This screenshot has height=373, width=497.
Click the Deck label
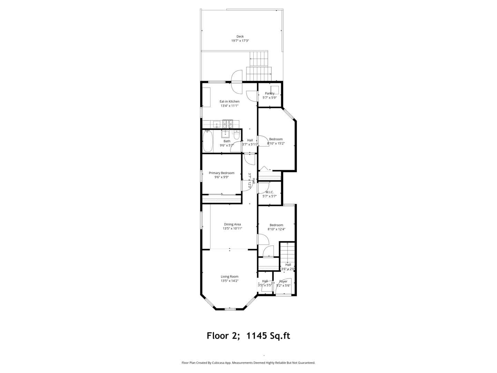click(240, 36)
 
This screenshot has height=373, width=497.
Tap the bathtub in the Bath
click(208, 141)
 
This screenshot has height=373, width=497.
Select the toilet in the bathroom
click(236, 135)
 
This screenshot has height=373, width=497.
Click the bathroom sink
click(225, 134)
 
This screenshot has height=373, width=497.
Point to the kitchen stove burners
click(228, 124)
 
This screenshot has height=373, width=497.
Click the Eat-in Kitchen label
click(230, 102)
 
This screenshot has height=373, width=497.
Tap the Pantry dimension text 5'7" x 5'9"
click(270, 98)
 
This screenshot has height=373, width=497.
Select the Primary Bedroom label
click(222, 173)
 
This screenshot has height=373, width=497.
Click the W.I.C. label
click(270, 192)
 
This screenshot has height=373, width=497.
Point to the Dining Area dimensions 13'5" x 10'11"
click(232, 229)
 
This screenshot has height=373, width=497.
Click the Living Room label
click(230, 276)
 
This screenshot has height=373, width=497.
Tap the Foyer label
click(283, 281)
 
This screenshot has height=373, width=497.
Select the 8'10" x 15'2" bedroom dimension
click(276, 143)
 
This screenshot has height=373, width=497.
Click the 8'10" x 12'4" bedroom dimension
click(276, 229)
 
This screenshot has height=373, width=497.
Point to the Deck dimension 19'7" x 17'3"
click(240, 41)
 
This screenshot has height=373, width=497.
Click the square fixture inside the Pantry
click(275, 90)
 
